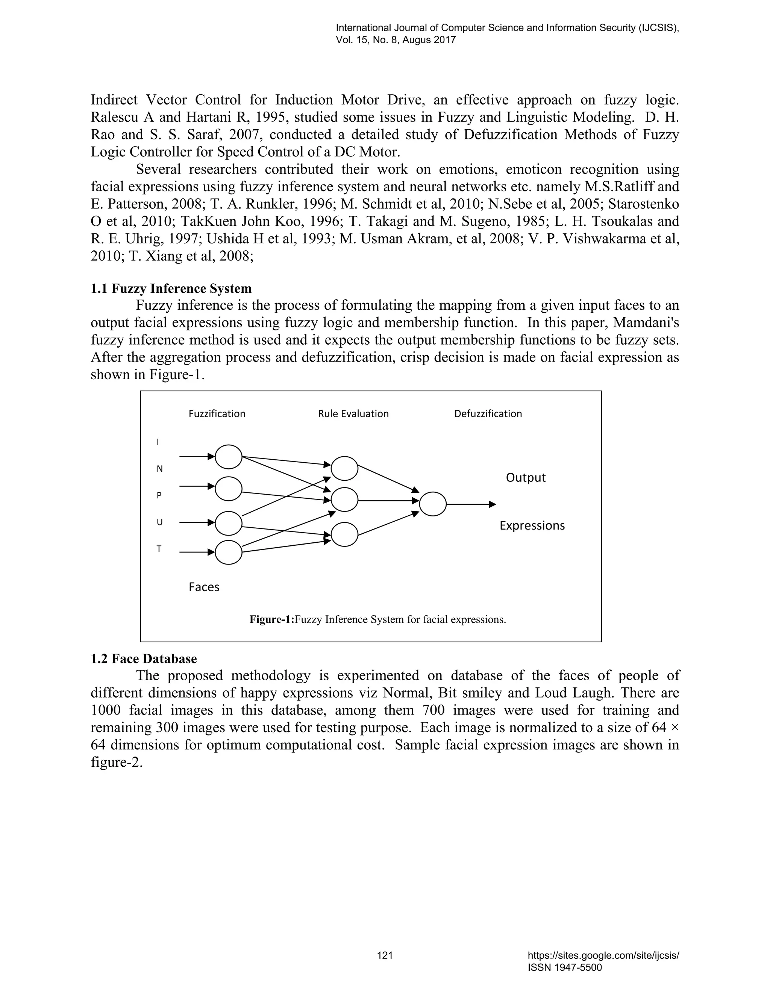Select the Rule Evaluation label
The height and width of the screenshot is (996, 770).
(x=353, y=414)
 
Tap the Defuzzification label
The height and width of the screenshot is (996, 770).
(x=488, y=414)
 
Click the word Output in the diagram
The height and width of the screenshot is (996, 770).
(x=526, y=477)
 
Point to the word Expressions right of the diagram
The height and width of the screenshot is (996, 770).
(x=532, y=525)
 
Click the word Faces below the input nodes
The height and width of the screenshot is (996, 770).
(x=204, y=587)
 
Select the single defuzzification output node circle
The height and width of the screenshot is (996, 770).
(x=432, y=504)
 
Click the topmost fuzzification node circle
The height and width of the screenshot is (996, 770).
(x=228, y=457)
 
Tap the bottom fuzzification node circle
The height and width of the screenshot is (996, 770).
(x=228, y=552)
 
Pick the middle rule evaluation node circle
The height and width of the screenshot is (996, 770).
(x=344, y=500)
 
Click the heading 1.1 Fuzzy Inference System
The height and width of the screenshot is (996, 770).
(x=171, y=289)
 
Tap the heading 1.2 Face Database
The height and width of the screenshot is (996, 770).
(x=144, y=658)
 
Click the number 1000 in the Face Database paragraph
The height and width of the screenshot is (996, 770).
(x=105, y=710)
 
